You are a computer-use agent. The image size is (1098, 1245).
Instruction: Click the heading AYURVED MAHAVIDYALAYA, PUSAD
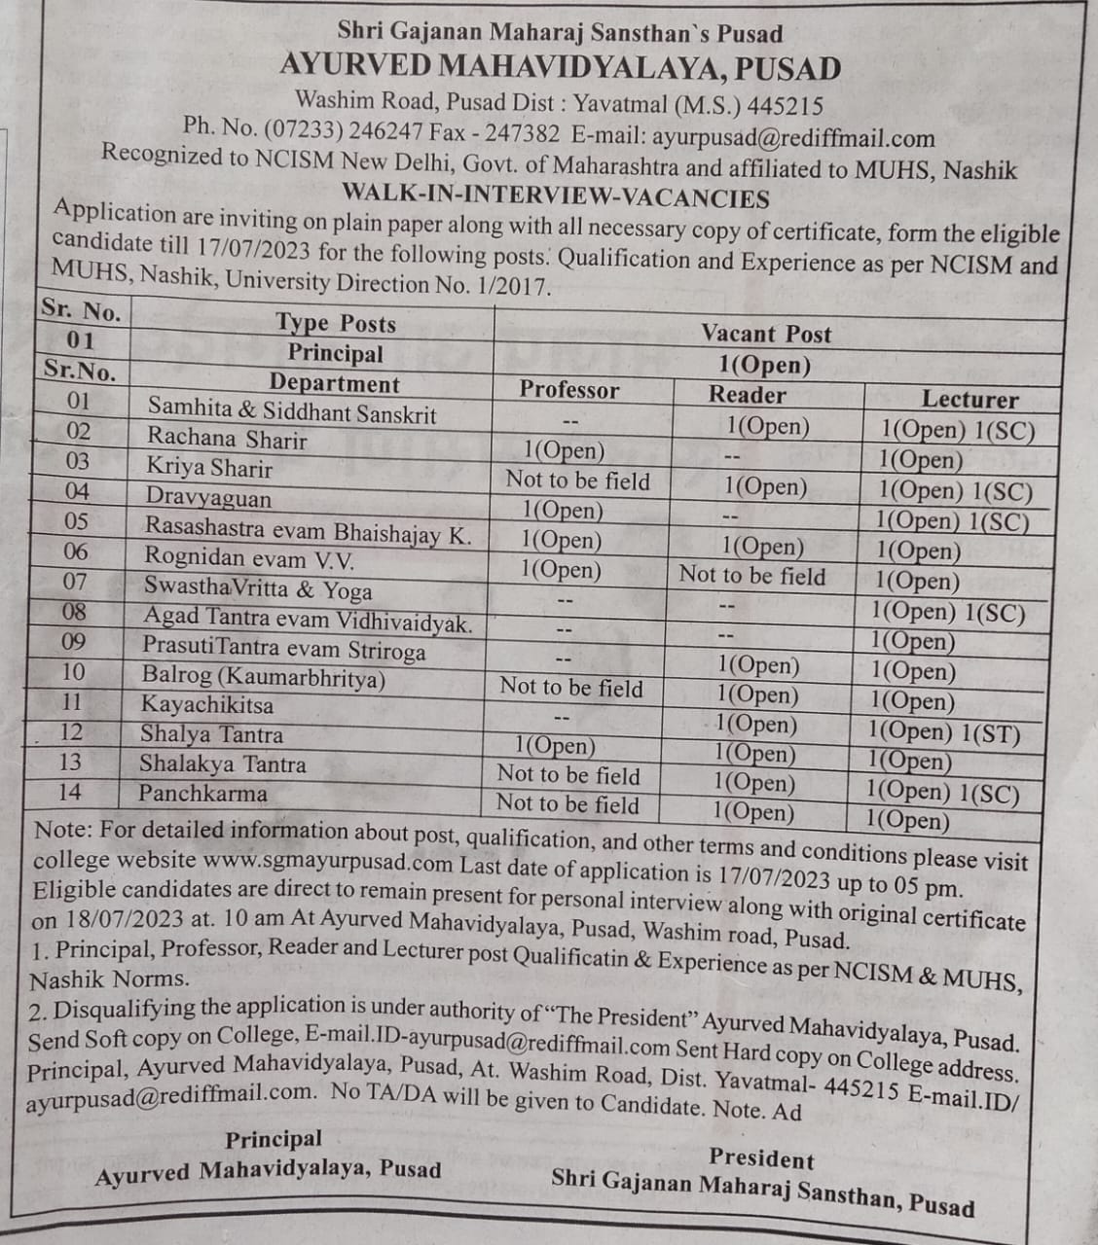pyautogui.click(x=560, y=68)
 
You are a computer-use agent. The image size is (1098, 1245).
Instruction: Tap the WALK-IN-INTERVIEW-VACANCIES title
pyautogui.click(x=556, y=197)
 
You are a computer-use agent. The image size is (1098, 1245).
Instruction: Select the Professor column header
pyautogui.click(x=568, y=390)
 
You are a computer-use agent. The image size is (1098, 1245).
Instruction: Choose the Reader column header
pyautogui.click(x=747, y=395)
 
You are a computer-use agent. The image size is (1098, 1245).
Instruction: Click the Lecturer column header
pyautogui.click(x=970, y=399)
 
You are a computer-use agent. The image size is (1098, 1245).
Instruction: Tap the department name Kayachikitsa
pyautogui.click(x=207, y=704)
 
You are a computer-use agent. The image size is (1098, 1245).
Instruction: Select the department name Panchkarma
pyautogui.click(x=202, y=794)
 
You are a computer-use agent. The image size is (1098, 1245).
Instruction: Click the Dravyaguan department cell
pyautogui.click(x=208, y=498)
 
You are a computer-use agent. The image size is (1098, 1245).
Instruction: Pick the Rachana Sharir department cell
pyautogui.click(x=227, y=440)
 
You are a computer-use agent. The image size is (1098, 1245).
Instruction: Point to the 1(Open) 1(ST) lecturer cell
pyautogui.click(x=943, y=731)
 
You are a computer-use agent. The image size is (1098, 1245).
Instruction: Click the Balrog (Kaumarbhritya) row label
pyautogui.click(x=263, y=677)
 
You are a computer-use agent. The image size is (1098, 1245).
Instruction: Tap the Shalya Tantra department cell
pyautogui.click(x=211, y=734)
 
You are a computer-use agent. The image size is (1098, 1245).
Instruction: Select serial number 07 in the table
pyautogui.click(x=74, y=582)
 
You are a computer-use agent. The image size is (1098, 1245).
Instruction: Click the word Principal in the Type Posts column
pyautogui.click(x=335, y=353)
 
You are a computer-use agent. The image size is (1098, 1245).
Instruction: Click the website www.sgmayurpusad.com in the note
pyautogui.click(x=329, y=862)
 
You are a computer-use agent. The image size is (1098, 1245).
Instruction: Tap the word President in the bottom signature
pyautogui.click(x=761, y=1157)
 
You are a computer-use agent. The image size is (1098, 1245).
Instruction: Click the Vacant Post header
pyautogui.click(x=766, y=334)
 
